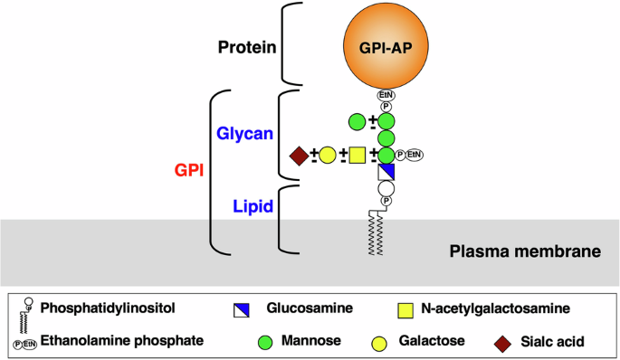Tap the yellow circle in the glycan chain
[x=328, y=156]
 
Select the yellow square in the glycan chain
[x=357, y=156]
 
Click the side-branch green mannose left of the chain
[x=357, y=120]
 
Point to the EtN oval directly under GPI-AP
[x=386, y=94]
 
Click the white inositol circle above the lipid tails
[x=386, y=189]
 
